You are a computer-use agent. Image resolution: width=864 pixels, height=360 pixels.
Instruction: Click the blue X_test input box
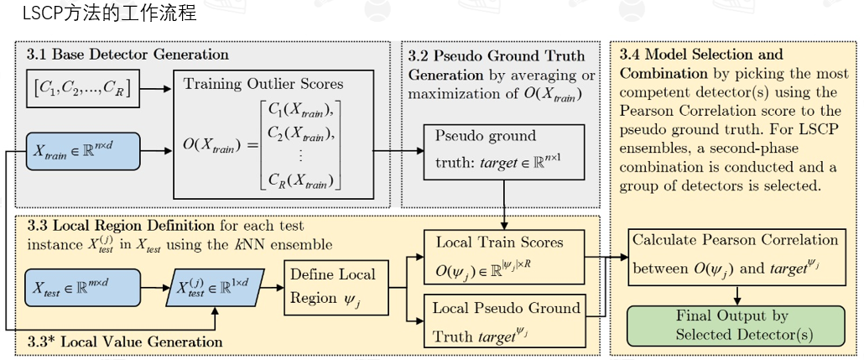point(83,287)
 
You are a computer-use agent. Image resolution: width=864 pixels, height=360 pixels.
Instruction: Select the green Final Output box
point(736,326)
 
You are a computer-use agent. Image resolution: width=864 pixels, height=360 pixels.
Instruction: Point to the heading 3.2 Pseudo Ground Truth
point(497,56)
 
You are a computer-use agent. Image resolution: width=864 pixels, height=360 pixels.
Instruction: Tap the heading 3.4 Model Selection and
point(700,55)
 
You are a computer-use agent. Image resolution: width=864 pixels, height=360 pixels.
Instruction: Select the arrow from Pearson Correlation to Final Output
point(736,295)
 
